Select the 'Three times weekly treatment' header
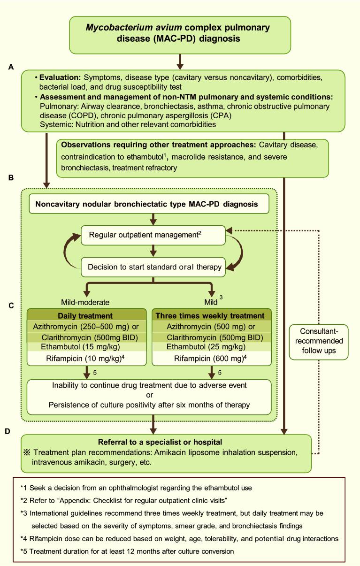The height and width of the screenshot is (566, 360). [x=210, y=315]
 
